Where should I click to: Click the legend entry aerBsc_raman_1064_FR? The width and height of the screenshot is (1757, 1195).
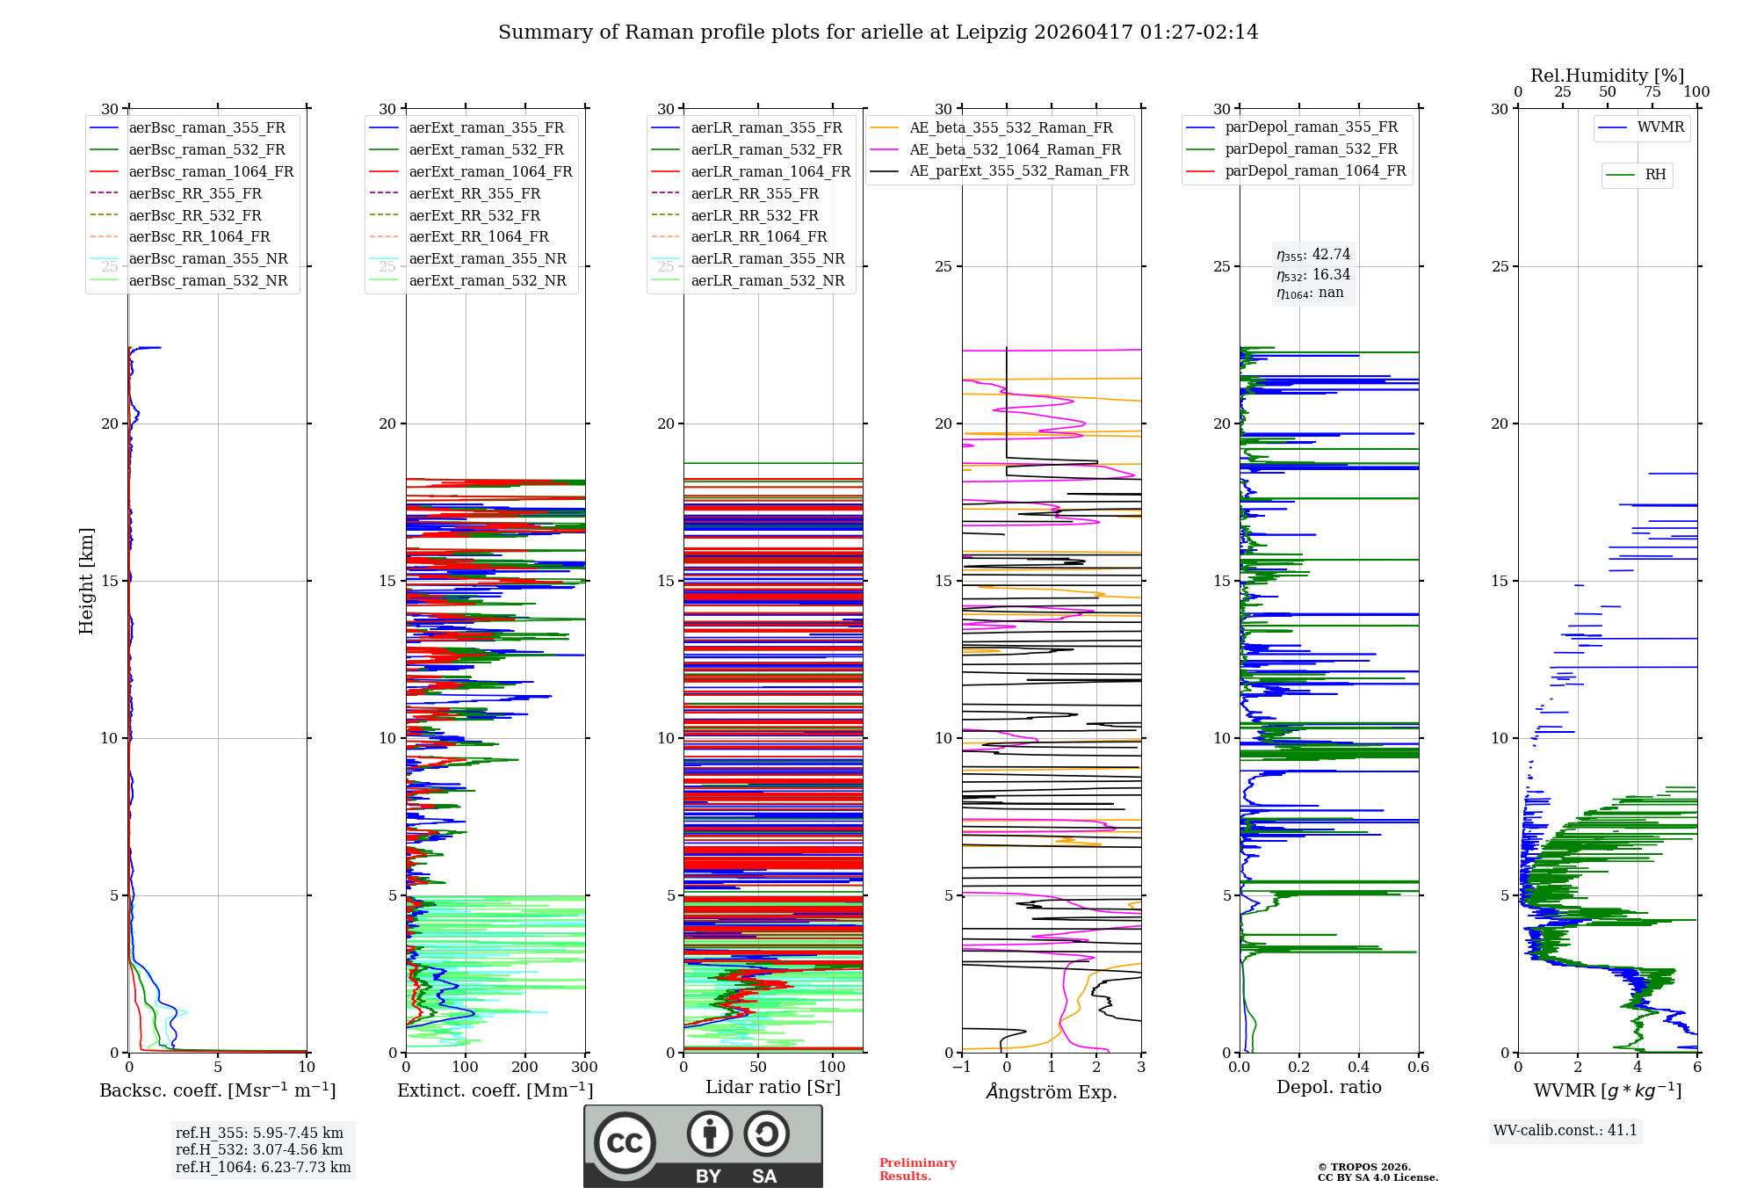tap(192, 171)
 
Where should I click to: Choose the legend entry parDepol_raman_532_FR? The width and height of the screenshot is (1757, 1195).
tap(1291, 148)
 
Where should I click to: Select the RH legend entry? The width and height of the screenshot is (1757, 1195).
tap(1636, 175)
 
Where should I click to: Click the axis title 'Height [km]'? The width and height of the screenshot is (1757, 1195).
tap(86, 581)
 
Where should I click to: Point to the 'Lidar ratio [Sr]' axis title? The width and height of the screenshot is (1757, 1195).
tap(773, 1087)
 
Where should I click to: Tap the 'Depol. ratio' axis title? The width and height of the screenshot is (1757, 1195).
tap(1329, 1087)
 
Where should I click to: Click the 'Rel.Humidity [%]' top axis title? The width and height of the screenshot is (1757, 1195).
tap(1608, 76)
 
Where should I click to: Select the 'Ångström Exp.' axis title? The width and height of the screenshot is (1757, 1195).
tap(1052, 1091)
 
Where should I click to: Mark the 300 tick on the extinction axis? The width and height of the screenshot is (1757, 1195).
tap(585, 1067)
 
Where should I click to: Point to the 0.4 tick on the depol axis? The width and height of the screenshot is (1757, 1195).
tap(1359, 1067)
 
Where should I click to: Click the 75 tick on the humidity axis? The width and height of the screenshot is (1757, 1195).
tap(1652, 91)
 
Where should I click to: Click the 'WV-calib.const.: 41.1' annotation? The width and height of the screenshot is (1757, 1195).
tap(1565, 1130)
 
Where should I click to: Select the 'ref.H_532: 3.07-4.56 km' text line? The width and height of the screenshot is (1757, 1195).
tap(259, 1149)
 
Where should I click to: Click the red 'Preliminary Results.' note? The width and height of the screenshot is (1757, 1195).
tap(918, 1170)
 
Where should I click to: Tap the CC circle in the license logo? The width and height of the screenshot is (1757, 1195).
tap(625, 1143)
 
